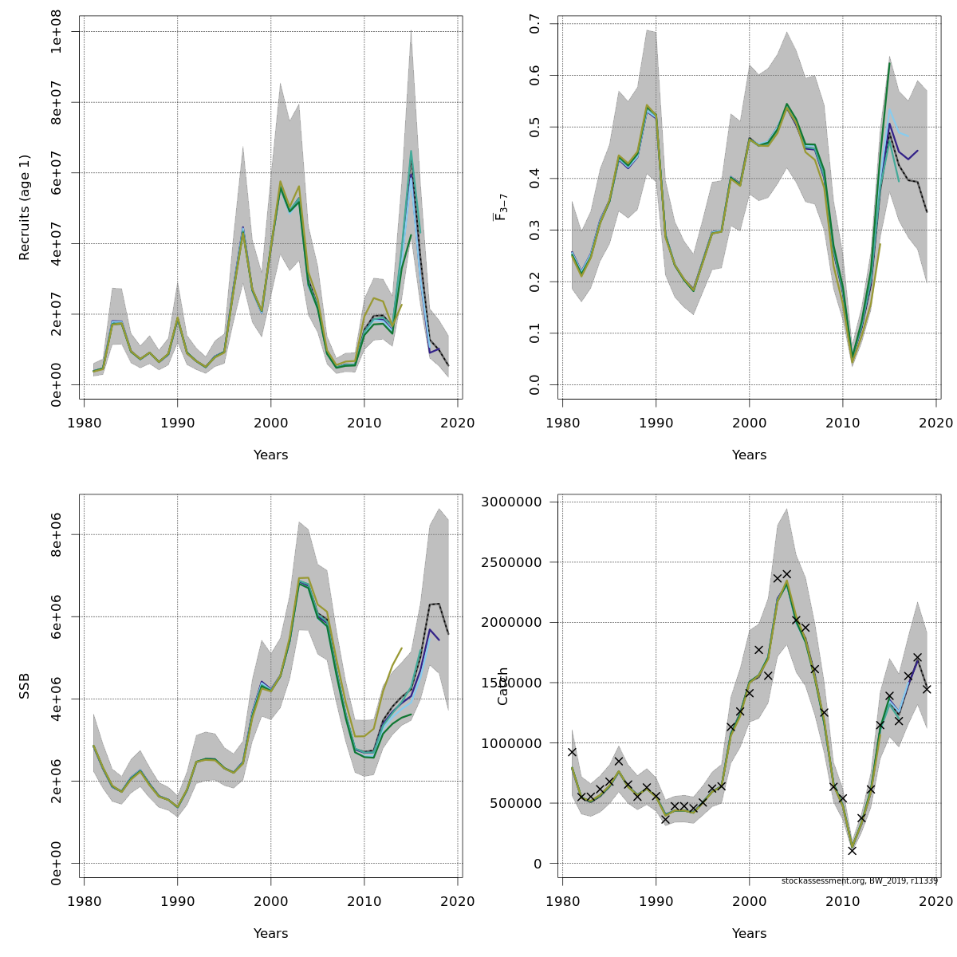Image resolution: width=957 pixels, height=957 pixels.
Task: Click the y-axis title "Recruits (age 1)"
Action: pos(25,207)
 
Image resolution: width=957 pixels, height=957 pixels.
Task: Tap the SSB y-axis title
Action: pos(25,686)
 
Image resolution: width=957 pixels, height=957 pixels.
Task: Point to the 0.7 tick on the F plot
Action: pos(535,24)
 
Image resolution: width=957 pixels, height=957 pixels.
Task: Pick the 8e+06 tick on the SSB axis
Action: pos(57,535)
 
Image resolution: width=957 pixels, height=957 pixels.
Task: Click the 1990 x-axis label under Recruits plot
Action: pos(177,423)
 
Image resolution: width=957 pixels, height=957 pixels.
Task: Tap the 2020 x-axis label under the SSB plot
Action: pos(459,901)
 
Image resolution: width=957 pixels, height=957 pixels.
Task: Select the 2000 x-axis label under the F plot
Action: pos(750,423)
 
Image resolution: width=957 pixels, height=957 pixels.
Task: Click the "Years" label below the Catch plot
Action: pos(750,934)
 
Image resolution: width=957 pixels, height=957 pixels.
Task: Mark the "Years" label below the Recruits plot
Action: pos(271,455)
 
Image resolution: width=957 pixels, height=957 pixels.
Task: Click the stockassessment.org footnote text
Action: pos(860,881)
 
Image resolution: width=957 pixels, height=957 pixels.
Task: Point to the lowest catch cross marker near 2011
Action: pos(852,851)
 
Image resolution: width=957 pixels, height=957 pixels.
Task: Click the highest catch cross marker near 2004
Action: pos(786,574)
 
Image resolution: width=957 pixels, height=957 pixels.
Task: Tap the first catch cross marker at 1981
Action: pos(572,752)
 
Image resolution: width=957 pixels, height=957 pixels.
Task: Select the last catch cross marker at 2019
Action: pos(927,689)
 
